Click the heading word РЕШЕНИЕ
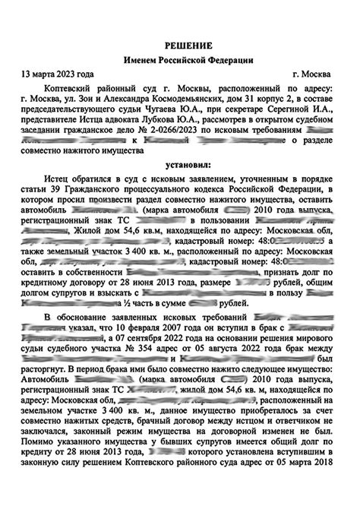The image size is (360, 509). point(179,45)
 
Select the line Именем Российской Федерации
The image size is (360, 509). point(179,60)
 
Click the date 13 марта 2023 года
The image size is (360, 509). point(58,75)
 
